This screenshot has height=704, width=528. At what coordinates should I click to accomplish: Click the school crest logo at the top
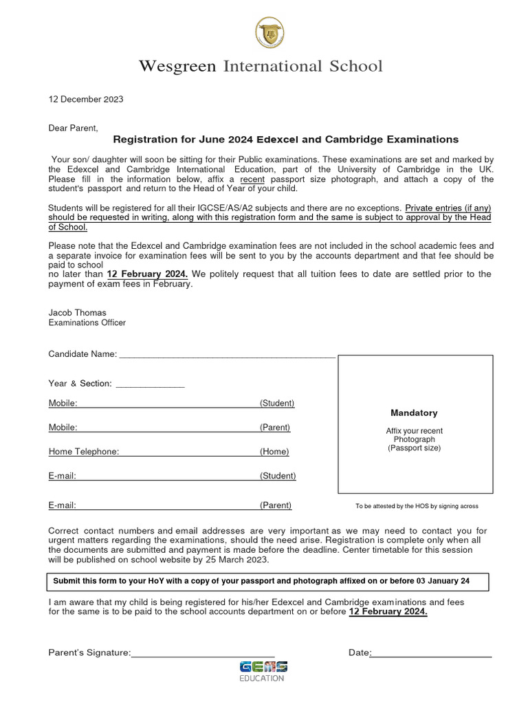pyautogui.click(x=268, y=33)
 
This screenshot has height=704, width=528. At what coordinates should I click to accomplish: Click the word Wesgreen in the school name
pyautogui.click(x=177, y=66)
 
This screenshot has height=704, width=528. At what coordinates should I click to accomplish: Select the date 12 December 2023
pyautogui.click(x=86, y=99)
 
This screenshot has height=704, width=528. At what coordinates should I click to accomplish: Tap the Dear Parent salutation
pyautogui.click(x=73, y=128)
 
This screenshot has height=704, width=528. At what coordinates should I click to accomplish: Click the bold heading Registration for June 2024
pyautogui.click(x=285, y=140)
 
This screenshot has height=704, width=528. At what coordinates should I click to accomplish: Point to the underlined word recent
pyautogui.click(x=252, y=179)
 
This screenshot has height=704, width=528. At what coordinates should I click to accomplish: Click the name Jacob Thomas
pyautogui.click(x=77, y=313)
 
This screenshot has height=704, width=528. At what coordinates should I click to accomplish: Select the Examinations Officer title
pyautogui.click(x=87, y=322)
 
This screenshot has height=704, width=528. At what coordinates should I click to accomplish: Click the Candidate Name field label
pyautogui.click(x=82, y=354)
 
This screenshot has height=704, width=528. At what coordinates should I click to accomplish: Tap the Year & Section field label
pyautogui.click(x=80, y=384)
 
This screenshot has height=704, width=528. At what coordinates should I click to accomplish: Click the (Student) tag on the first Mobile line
pyautogui.click(x=277, y=404)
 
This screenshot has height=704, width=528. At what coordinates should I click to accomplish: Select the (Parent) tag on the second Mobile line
pyautogui.click(x=275, y=428)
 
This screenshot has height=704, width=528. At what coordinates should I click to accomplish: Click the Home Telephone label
pyautogui.click(x=84, y=452)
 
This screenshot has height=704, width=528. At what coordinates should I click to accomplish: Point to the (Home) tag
pyautogui.click(x=274, y=452)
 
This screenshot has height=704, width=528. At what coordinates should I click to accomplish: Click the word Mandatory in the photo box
pyautogui.click(x=414, y=413)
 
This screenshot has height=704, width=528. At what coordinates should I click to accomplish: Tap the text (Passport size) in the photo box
pyautogui.click(x=414, y=448)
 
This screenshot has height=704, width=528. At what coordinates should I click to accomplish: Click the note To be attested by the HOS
pyautogui.click(x=417, y=506)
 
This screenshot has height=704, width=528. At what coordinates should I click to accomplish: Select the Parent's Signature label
pyautogui.click(x=89, y=652)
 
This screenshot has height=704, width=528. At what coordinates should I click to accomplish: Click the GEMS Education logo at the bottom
pyautogui.click(x=263, y=671)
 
